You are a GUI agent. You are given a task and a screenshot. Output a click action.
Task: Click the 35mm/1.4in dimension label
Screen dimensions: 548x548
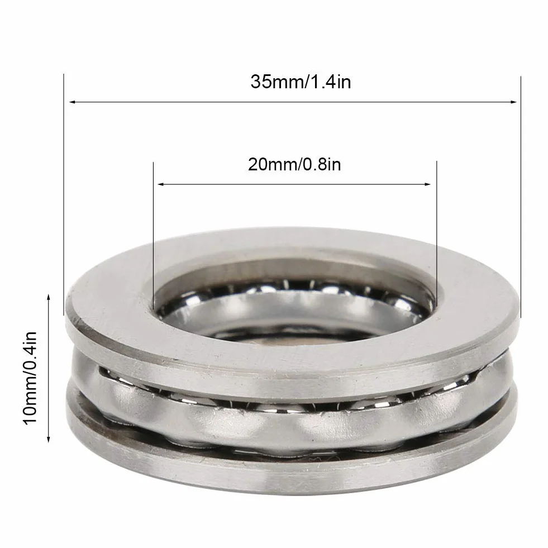pyautogui.click(x=301, y=83)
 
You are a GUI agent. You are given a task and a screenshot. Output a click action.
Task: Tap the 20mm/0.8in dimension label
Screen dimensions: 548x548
pyautogui.click(x=294, y=164)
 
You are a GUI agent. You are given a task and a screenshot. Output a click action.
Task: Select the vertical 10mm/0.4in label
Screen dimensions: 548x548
pyautogui.click(x=30, y=378)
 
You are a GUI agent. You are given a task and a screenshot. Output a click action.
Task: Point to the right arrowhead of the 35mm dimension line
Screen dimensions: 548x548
pyautogui.click(x=513, y=102)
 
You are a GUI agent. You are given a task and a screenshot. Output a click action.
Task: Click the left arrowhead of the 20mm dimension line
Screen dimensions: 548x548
pyautogui.click(x=161, y=184)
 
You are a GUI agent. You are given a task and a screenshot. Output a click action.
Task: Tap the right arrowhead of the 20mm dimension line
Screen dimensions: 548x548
pyautogui.click(x=427, y=184)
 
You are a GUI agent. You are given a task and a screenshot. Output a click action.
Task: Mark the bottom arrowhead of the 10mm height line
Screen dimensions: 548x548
pyautogui.click(x=49, y=439)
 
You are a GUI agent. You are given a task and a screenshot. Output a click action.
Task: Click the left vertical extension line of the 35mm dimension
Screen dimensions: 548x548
pyautogui.click(x=64, y=194)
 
